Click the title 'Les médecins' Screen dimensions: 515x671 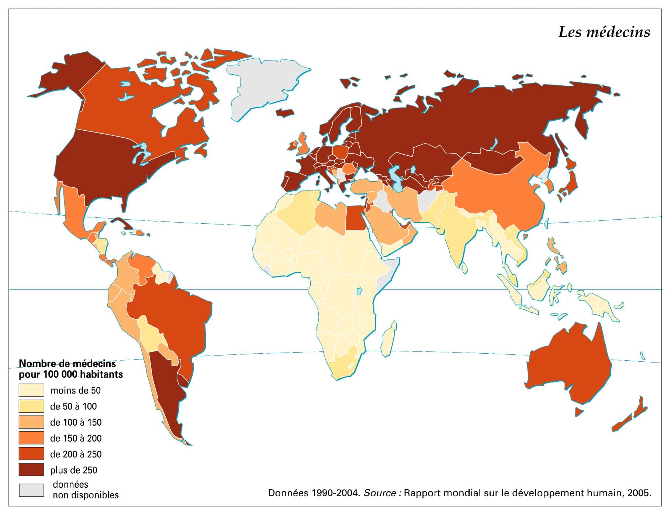pyautogui.click(x=604, y=32)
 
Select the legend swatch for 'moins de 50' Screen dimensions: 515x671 pyautogui.click(x=31, y=390)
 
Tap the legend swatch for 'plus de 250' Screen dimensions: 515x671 pyautogui.click(x=31, y=470)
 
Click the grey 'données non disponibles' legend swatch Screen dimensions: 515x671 pyautogui.click(x=31, y=490)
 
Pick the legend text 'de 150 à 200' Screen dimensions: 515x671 pyautogui.click(x=76, y=438)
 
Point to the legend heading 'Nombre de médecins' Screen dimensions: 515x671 pyautogui.click(x=67, y=364)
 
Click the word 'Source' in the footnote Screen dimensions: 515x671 pyautogui.click(x=380, y=493)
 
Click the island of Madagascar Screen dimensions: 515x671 pyautogui.click(x=389, y=340)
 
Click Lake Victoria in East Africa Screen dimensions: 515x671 pyautogui.click(x=359, y=292)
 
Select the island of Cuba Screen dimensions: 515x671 pyautogui.click(x=122, y=224)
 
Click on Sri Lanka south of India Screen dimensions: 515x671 pyautogui.click(x=464, y=268)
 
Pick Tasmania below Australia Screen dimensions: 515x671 pyautogui.click(x=579, y=411)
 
